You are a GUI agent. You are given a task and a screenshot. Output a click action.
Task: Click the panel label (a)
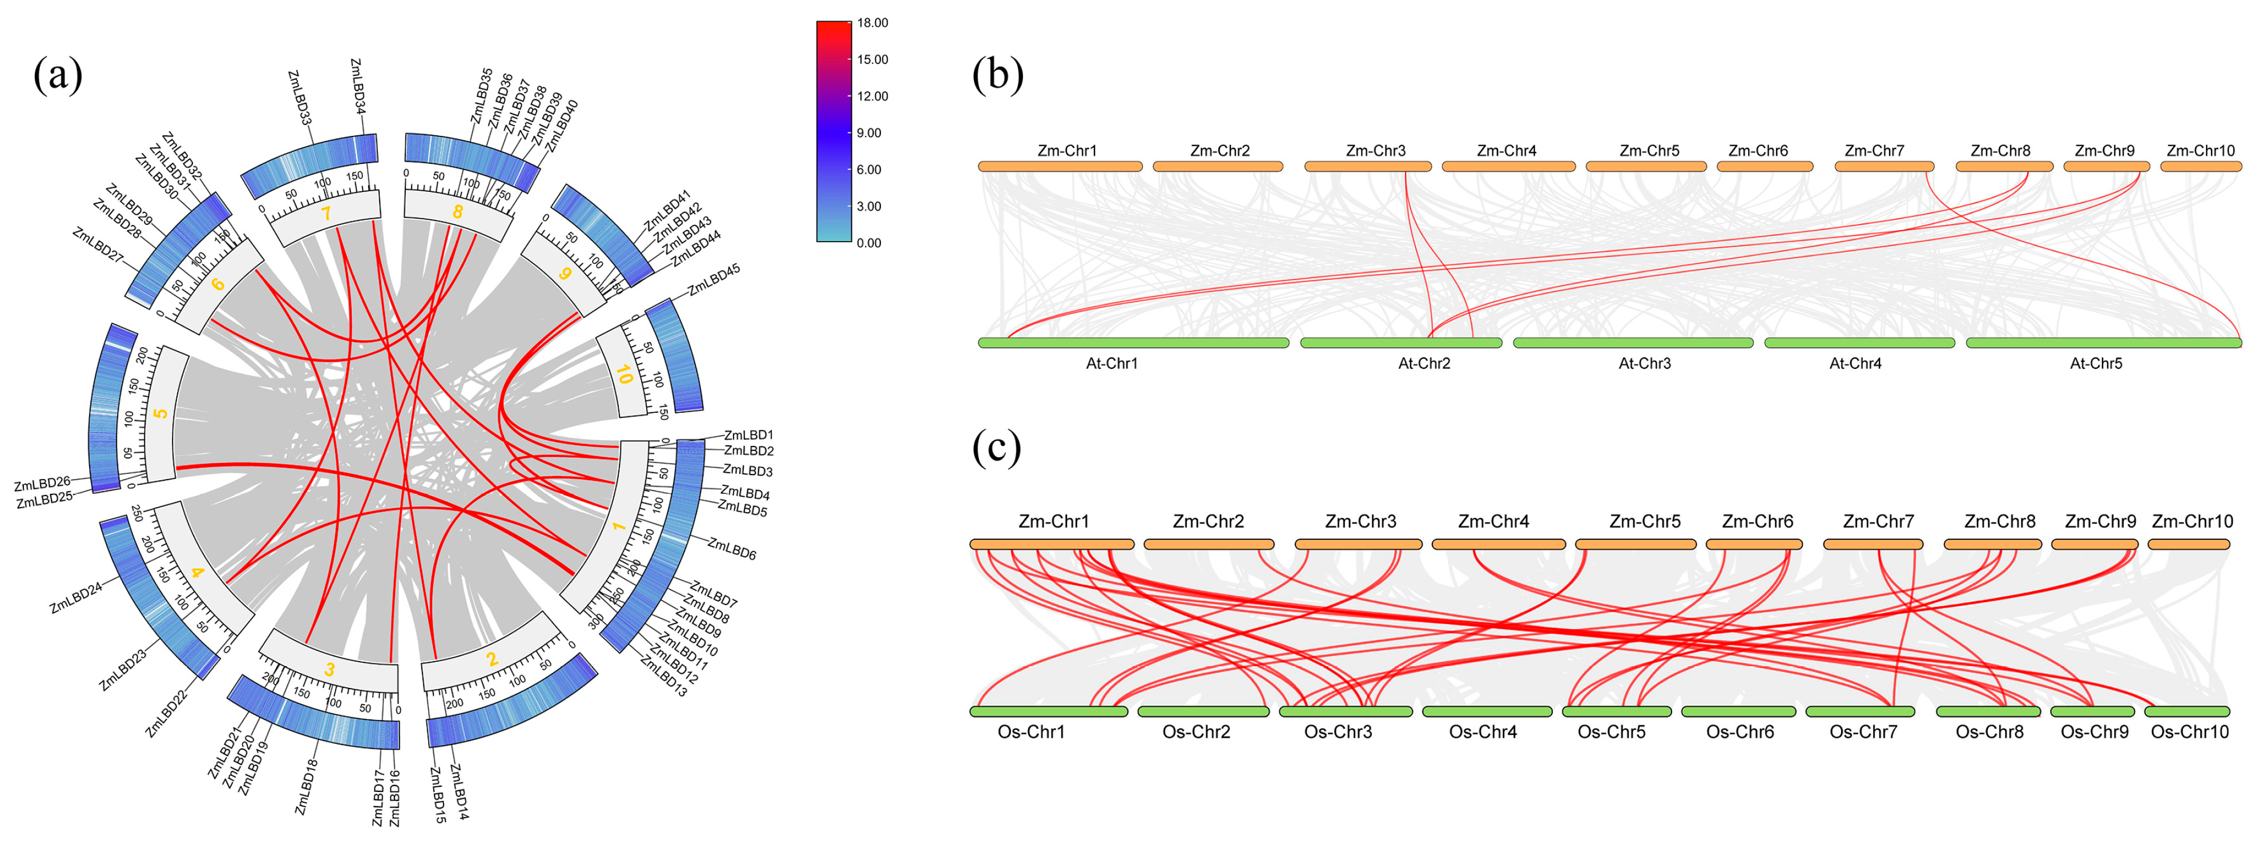tap(58, 75)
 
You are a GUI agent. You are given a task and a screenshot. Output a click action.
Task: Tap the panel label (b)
tap(997, 75)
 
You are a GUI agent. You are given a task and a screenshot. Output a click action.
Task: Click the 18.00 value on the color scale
tap(872, 23)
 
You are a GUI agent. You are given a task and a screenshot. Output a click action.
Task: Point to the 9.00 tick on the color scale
tap(869, 132)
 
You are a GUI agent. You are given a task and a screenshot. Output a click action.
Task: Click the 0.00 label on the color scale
tap(869, 243)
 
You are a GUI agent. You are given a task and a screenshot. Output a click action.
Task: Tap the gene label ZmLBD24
tap(76, 598)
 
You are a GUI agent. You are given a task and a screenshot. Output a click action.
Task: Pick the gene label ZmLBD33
tap(300, 96)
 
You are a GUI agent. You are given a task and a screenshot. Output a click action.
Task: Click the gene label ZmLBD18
tap(306, 787)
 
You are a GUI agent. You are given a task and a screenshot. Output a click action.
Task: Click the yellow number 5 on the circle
tap(161, 413)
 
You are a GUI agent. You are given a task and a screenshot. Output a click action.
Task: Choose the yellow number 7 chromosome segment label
tap(326, 214)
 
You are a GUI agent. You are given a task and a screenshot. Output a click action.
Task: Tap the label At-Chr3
tap(1645, 363)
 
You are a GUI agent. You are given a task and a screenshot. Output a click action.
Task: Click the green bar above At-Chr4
tap(1859, 343)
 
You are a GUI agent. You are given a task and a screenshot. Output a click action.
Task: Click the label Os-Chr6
tap(1739, 732)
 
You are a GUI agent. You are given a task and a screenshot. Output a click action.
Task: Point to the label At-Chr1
tap(1112, 363)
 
